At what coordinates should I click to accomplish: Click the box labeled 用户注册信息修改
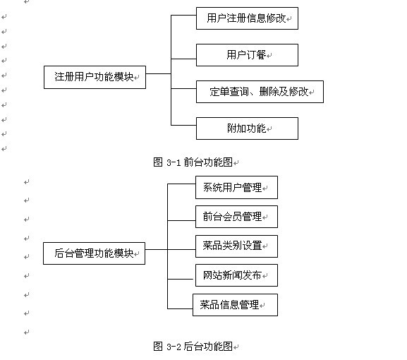[247, 18]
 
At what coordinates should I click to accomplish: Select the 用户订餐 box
[247, 55]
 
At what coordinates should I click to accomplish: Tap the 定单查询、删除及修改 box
[260, 92]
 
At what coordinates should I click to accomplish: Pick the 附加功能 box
[247, 128]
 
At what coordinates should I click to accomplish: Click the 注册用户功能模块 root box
[95, 77]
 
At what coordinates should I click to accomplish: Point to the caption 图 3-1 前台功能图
[193, 162]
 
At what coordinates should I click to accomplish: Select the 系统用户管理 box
[236, 187]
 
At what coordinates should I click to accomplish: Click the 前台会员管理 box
[236, 217]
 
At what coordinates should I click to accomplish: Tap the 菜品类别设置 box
[236, 246]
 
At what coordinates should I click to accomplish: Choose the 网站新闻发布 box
[236, 275]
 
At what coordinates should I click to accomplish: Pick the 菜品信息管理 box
[235, 305]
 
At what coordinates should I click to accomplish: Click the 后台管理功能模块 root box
[94, 253]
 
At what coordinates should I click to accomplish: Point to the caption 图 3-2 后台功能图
[193, 346]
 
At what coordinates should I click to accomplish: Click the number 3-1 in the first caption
[174, 163]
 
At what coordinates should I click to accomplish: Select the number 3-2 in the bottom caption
[174, 347]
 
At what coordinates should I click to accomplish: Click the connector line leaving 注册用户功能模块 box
[158, 74]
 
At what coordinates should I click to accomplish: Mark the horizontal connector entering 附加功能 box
[183, 125]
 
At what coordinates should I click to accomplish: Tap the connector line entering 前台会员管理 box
[181, 220]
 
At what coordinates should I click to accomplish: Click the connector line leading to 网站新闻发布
[180, 280]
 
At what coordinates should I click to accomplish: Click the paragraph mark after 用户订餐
[269, 55]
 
